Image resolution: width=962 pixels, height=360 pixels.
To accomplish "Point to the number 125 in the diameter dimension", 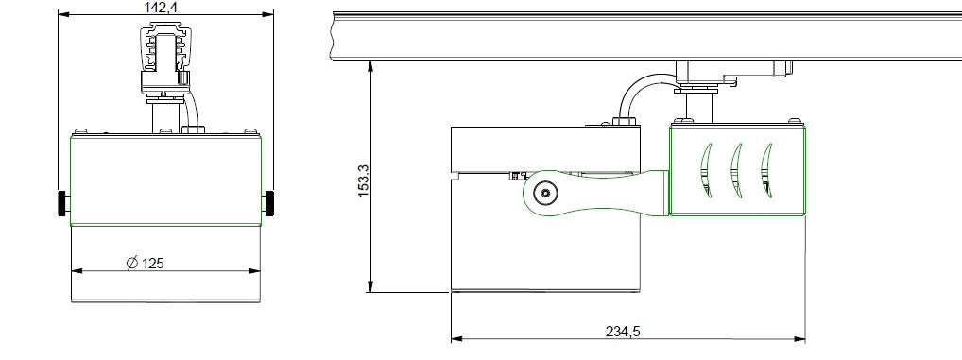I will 153,264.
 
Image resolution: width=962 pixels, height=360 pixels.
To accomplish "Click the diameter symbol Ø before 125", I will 132,264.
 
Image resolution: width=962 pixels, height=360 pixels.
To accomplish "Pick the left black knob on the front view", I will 63,202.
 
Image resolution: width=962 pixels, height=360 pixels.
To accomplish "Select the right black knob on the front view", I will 270,201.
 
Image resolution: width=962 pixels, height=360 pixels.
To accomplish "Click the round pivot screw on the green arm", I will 544,194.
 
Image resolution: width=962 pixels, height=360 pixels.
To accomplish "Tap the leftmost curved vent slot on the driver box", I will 704,171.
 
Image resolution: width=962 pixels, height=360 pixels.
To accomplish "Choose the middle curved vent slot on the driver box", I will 735,171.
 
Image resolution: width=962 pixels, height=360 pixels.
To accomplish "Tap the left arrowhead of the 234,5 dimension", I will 456,337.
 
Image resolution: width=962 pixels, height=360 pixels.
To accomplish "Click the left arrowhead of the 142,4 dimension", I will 63,15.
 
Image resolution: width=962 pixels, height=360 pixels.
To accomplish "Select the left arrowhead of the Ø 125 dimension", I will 77,271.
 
